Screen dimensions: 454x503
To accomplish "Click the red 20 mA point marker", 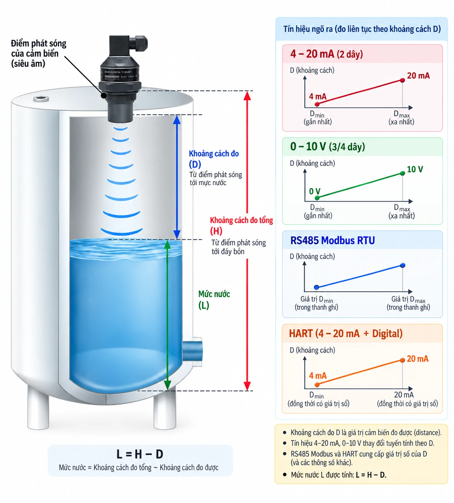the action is coord(402,80).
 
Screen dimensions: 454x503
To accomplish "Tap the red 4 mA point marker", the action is coord(317,104).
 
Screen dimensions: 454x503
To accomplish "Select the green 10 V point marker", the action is coord(403,173).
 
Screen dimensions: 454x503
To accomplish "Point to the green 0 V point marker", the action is coord(317,198).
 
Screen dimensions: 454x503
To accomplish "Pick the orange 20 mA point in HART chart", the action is coord(402,360).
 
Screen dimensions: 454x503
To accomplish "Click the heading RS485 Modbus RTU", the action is coord(333,240).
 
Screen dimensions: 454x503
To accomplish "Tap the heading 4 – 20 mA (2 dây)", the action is coord(327,54).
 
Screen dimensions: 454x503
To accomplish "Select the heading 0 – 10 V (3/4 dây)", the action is coord(327,147).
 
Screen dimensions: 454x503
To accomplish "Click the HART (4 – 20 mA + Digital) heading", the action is coord(346,334).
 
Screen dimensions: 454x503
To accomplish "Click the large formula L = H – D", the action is coord(140,454).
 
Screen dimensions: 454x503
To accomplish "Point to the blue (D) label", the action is coord(195,165).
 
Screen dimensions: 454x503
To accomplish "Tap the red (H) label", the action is coord(216,231).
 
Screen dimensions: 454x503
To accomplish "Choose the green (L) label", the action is coord(204,305).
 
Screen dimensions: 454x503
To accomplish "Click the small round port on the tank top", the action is coord(41,99).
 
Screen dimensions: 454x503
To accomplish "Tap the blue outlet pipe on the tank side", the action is coord(192,351).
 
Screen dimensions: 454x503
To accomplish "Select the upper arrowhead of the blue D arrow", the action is coord(177,120).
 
